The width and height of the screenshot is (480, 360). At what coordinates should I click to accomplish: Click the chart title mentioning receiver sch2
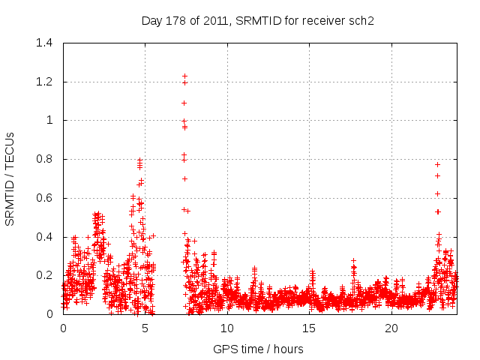[x=257, y=20]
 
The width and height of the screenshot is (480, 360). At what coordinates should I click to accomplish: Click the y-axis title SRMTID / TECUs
[x=10, y=178]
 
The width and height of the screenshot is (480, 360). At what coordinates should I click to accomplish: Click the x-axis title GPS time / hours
[x=258, y=349]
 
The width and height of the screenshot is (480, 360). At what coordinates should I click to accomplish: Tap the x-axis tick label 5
[x=145, y=328]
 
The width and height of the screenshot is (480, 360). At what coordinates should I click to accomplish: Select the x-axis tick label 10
[x=227, y=328]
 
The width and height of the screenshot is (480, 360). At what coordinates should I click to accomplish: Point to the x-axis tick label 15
[x=310, y=328]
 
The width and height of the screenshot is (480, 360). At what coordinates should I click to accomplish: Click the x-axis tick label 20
[x=391, y=328]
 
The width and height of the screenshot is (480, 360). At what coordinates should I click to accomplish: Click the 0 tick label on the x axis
[x=63, y=328]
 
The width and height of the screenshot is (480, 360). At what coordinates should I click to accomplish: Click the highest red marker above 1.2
[x=184, y=76]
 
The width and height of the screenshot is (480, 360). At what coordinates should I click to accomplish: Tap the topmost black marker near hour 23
[x=437, y=164]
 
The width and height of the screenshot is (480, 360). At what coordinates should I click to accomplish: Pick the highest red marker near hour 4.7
[x=139, y=160]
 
